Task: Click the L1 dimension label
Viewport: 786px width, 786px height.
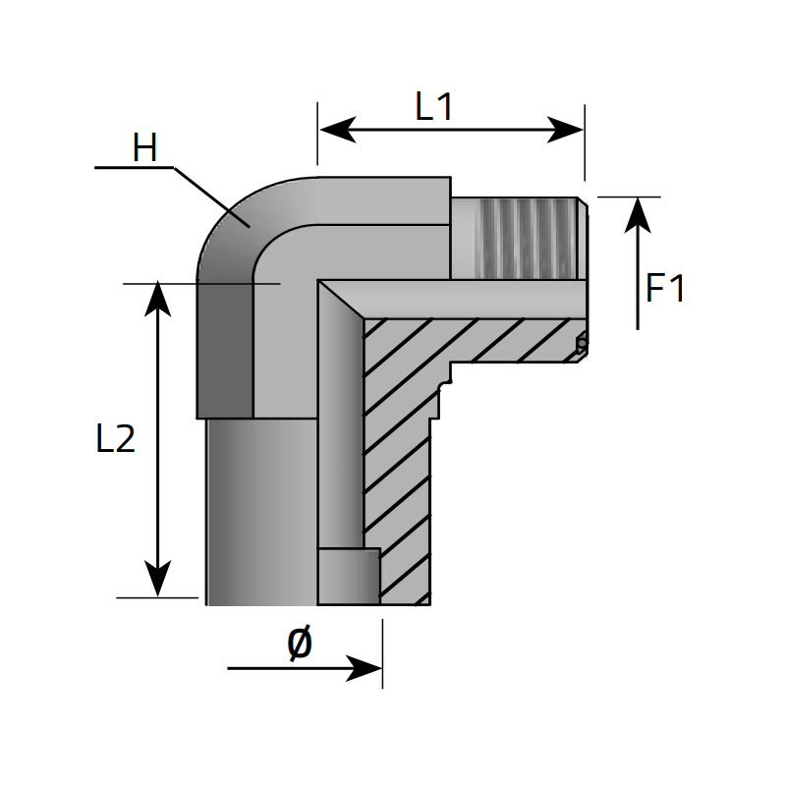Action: [434, 106]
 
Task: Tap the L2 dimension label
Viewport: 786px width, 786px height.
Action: [115, 439]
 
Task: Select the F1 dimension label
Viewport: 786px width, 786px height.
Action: [666, 289]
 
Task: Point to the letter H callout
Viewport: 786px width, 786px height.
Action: [144, 148]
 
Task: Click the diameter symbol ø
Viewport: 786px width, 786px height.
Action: [300, 644]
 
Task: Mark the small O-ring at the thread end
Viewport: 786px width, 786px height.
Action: [582, 343]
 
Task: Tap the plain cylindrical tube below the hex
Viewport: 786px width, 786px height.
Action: [260, 511]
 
